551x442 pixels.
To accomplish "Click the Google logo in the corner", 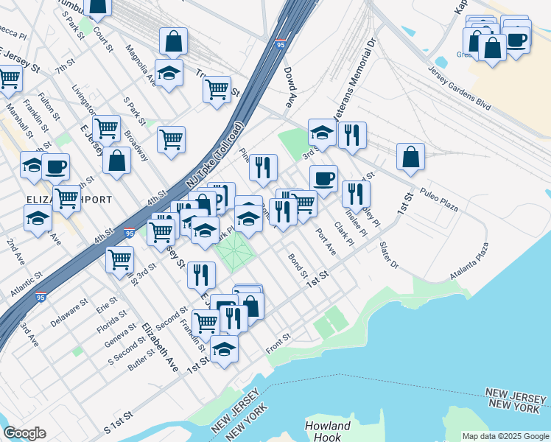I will point(24,433).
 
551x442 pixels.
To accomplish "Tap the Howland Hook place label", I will point(328,431).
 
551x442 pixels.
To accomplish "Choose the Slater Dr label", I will point(389,254).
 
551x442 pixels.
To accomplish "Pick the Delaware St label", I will point(69,313).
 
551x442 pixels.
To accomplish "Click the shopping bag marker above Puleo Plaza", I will point(411,155).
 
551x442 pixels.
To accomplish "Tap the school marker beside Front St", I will point(225,349).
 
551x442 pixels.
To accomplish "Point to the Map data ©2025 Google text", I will point(505,435).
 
